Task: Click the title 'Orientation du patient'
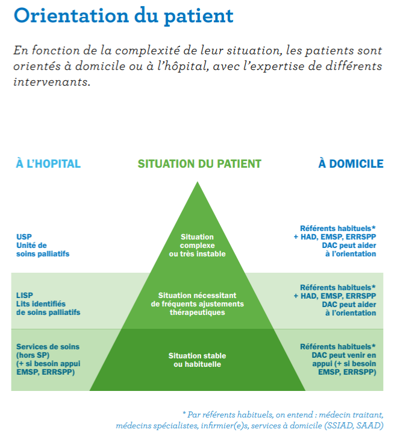[x=124, y=16]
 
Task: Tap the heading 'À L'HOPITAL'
[x=48, y=163]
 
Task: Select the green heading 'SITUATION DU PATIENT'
[x=199, y=164]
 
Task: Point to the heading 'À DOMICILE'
[x=351, y=163]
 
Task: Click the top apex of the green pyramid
[x=198, y=182]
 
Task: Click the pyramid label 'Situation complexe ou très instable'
[x=197, y=246]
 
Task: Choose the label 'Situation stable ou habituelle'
[x=197, y=360]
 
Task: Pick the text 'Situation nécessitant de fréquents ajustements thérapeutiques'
[x=197, y=304]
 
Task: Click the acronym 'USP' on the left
[x=24, y=237]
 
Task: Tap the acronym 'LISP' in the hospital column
[x=25, y=295]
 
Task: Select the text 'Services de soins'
[x=48, y=347]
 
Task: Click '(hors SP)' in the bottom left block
[x=33, y=355]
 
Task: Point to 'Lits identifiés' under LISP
[x=41, y=303]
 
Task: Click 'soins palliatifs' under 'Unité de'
[x=43, y=254]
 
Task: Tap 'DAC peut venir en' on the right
[x=344, y=355]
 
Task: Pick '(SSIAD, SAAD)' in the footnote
[x=354, y=425]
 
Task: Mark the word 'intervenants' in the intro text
[x=52, y=82]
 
